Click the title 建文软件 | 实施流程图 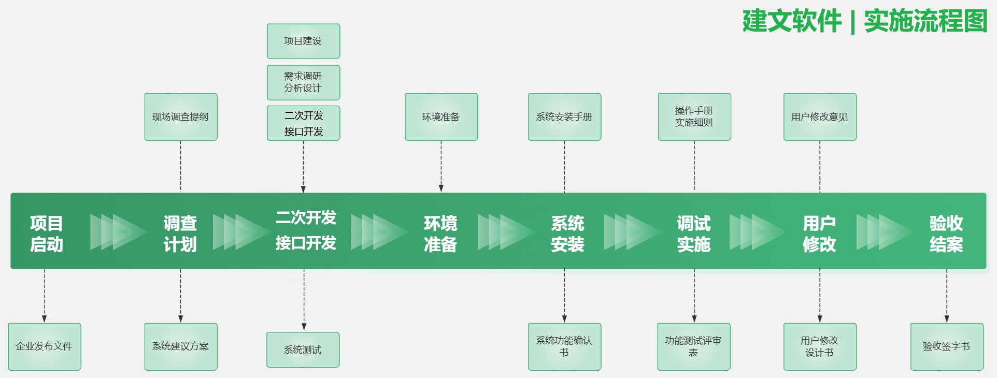tap(864, 22)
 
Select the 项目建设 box tap(303, 41)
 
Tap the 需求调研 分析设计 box tap(303, 82)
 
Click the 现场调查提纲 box tap(180, 117)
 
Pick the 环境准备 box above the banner tap(441, 117)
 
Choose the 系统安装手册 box tap(564, 117)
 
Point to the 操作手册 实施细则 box tap(694, 117)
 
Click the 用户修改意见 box tap(819, 117)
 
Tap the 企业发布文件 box tap(44, 346)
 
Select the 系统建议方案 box tap(180, 346)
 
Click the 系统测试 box tap(303, 350)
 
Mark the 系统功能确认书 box tap(564, 346)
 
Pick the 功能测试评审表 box tap(693, 346)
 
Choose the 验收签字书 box tap(946, 346)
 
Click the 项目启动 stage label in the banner tap(47, 234)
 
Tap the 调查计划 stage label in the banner tap(180, 234)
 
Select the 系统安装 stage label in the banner tap(567, 234)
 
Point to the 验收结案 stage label tap(946, 234)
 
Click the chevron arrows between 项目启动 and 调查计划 tap(118, 232)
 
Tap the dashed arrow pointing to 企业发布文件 tap(44, 295)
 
